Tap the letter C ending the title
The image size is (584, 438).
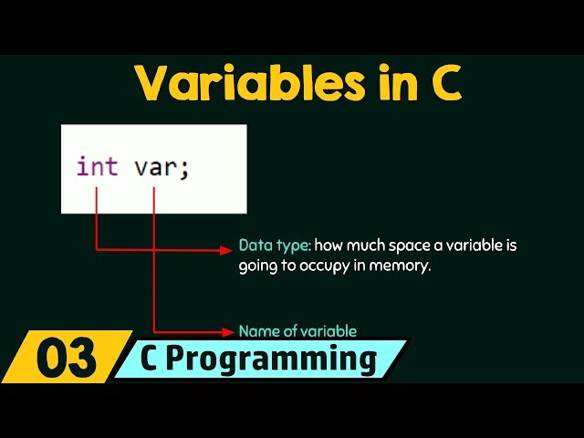444,84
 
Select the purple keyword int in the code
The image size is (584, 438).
97,168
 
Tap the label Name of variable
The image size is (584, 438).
297,331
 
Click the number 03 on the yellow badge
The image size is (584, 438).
66,360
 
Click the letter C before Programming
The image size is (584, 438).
153,359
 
